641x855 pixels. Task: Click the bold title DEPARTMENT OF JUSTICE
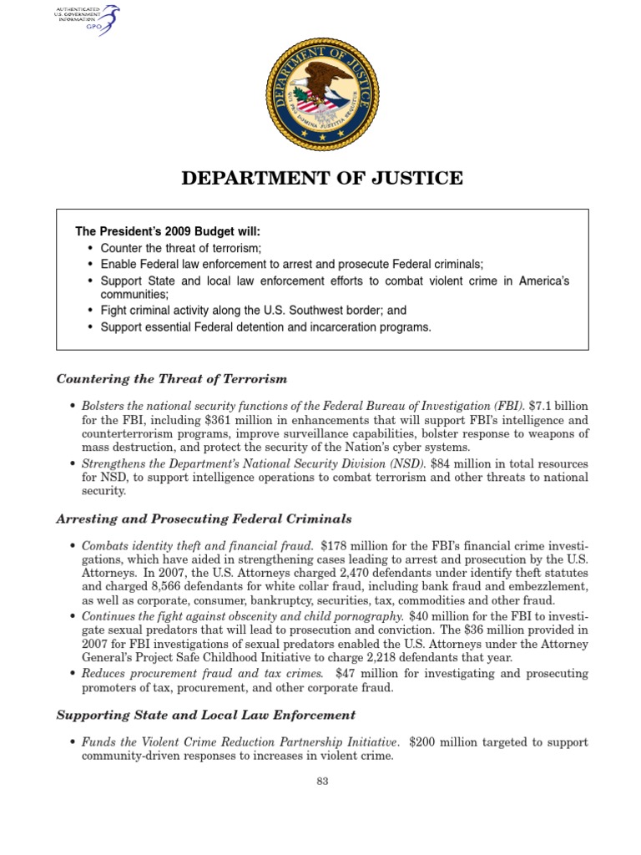coord(322,178)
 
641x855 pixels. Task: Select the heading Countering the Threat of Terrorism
coord(171,379)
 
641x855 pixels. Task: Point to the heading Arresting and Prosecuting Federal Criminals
coord(204,519)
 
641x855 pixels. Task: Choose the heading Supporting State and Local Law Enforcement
coord(205,716)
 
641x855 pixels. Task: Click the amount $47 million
coord(349,675)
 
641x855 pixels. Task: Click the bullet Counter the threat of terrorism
coord(181,249)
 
